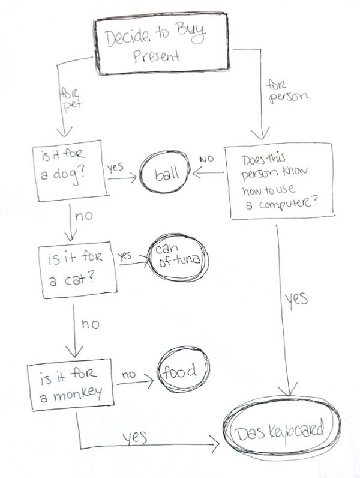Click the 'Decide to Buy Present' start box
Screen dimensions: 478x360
tap(160, 46)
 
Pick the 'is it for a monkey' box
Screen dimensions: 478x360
tap(70, 384)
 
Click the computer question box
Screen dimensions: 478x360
tap(281, 180)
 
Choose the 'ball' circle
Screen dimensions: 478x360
tap(164, 175)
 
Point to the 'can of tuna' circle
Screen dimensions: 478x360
tap(178, 259)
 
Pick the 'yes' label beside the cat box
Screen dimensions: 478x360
tap(125, 255)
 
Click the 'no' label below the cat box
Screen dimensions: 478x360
tap(90, 324)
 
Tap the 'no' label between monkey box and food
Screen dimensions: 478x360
tap(130, 374)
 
